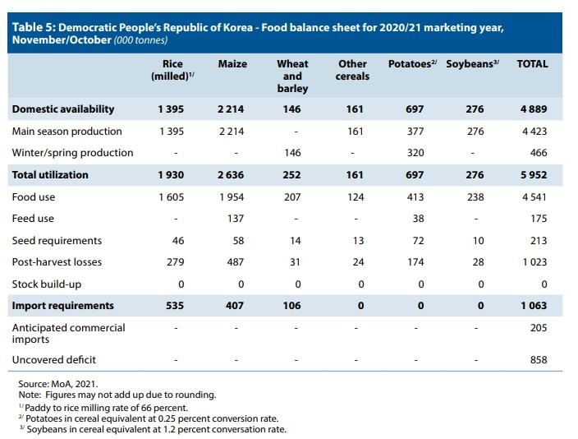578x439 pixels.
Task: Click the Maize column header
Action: pos(232,64)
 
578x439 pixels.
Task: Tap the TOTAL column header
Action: pos(532,64)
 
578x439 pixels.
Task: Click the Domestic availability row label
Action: pos(63,109)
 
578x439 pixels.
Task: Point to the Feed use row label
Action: pos(33,219)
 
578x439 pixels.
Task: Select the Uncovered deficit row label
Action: pos(54,360)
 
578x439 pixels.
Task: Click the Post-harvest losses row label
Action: pos(57,262)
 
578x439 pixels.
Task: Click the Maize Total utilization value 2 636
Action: pos(232,175)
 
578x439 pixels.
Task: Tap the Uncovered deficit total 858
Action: pos(539,360)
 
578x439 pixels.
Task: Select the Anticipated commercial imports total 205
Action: pos(539,328)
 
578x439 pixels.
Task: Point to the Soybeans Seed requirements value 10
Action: pos(479,241)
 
